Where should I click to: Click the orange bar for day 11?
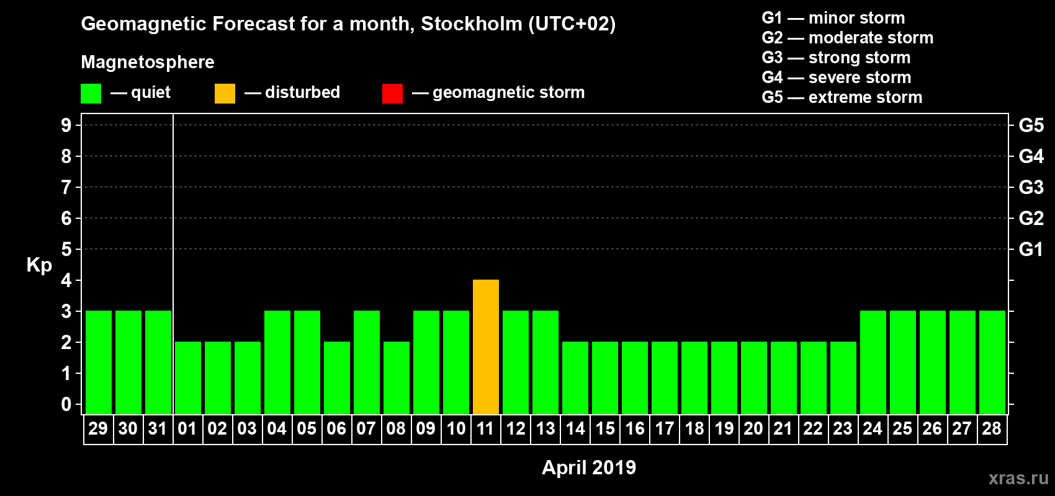486,347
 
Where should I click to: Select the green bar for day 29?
99,362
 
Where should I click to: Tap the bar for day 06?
337,378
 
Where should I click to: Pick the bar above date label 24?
873,362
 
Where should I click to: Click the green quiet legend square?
91,94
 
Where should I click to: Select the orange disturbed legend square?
225,94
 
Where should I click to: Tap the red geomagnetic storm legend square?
392,94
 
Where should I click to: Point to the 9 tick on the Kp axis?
66,125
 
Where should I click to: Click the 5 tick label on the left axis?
66,249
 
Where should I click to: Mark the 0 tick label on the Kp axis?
66,404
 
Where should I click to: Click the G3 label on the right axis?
1031,187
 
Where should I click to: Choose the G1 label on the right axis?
1031,249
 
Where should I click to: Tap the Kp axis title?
39,265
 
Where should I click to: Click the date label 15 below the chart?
605,428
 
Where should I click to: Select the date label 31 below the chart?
158,428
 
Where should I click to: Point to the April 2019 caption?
589,467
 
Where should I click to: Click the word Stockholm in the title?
472,24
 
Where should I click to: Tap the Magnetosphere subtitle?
148,62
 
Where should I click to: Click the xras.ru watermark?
1018,477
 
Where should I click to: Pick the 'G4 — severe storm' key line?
836,77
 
